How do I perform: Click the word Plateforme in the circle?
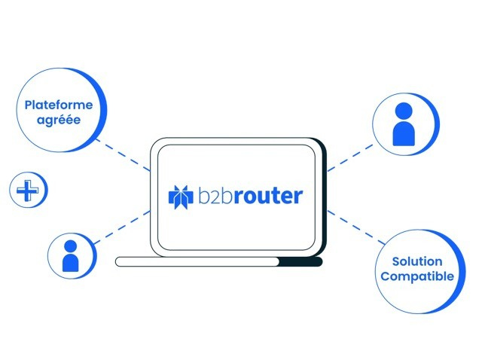(58, 105)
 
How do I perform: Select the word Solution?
(416, 262)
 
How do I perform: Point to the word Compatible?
(416, 276)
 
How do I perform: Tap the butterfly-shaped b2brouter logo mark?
(181, 197)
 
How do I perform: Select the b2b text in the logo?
(212, 196)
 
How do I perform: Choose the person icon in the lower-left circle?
(71, 256)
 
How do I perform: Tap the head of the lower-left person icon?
(71, 246)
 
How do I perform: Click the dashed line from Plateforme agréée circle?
(125, 154)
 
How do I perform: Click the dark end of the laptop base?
(301, 261)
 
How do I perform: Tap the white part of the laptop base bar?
(196, 261)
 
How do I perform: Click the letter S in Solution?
(396, 262)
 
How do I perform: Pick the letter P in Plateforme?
(29, 105)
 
